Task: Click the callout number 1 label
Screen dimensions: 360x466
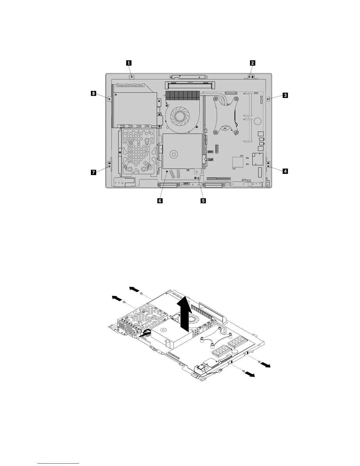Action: [x=129, y=63]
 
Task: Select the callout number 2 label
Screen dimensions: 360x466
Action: [x=252, y=63]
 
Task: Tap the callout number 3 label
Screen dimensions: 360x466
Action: [x=285, y=95]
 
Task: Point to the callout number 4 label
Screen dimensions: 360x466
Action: [x=285, y=171]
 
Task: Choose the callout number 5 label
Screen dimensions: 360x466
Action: [x=203, y=201]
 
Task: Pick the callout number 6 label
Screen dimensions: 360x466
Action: [x=160, y=201]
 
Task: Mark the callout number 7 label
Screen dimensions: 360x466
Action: [x=93, y=173]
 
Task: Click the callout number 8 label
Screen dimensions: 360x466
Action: [x=93, y=94]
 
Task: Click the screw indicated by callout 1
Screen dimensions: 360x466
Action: [x=132, y=77]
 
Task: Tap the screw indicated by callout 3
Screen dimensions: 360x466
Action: [x=268, y=99]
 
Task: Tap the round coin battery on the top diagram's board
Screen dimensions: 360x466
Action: [x=258, y=121]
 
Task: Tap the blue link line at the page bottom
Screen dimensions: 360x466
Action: [x=59, y=463]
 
